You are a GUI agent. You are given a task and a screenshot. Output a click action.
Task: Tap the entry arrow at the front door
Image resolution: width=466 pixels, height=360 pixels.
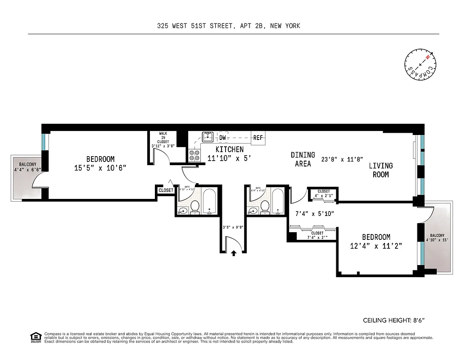click(234, 253)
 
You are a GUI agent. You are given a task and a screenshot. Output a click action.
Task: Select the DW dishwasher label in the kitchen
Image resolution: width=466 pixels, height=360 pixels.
click(223, 138)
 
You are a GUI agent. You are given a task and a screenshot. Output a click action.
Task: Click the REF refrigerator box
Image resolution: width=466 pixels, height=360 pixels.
click(258, 138)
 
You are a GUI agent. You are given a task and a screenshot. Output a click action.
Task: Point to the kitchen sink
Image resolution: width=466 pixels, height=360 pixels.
click(208, 137)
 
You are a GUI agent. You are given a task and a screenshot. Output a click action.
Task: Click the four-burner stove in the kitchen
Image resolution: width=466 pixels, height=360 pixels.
click(195, 155)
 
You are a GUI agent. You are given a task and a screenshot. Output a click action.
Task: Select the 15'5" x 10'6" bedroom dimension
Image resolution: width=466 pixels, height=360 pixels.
click(100, 168)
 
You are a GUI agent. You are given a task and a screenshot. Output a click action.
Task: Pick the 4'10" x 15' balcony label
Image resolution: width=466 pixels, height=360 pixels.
click(437, 238)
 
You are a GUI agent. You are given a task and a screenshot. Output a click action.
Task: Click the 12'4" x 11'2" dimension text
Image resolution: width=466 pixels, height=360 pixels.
click(376, 246)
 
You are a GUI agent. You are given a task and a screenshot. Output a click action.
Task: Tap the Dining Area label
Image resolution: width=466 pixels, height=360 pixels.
click(303, 159)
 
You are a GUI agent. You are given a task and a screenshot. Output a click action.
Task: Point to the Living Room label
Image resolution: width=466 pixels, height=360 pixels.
click(381, 170)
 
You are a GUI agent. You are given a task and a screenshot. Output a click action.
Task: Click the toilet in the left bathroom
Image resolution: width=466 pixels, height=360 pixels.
click(195, 207)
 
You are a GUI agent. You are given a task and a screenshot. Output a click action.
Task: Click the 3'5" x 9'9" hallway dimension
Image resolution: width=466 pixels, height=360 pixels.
click(234, 227)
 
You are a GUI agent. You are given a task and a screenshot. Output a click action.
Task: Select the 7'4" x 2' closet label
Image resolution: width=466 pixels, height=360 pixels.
click(317, 235)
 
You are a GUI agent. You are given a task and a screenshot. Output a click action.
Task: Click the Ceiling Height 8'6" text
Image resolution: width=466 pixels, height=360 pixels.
click(394, 320)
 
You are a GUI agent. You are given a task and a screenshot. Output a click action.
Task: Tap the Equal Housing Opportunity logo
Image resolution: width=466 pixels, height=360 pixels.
click(35, 337)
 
